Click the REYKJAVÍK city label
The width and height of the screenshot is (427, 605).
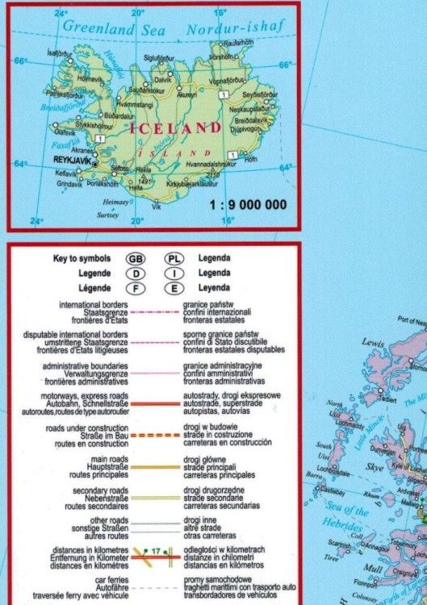coord(69,162)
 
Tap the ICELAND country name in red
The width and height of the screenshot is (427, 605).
coord(174,127)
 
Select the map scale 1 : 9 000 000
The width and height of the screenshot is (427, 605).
coord(246,204)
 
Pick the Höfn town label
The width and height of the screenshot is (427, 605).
coord(250,160)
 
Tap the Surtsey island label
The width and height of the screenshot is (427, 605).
coord(107,216)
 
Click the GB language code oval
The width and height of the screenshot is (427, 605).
coord(137,259)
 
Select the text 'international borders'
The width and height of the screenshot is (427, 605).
coord(94,304)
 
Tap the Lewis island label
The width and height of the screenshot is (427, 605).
coord(373,343)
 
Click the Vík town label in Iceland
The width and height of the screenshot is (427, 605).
coord(157,207)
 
